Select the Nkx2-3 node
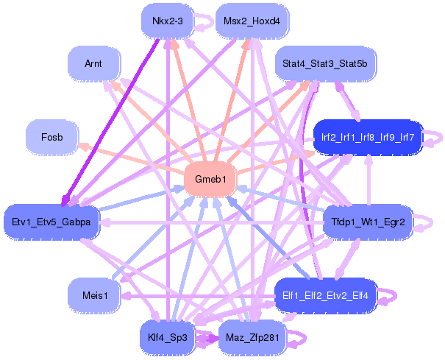(167, 21)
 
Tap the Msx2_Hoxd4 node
(252, 21)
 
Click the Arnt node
(93, 64)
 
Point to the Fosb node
(52, 137)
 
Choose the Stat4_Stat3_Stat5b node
(324, 64)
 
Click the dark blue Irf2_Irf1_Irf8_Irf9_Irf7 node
(368, 137)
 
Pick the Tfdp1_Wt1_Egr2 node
(368, 222)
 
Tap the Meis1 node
(93, 296)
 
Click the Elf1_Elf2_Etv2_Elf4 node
(325, 296)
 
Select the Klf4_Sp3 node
(167, 338)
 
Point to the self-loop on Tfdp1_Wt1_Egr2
(425, 222)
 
